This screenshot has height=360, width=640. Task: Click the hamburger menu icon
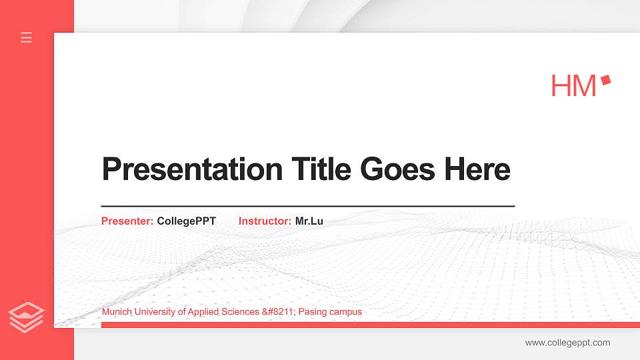pyautogui.click(x=27, y=37)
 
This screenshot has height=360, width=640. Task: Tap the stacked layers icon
pyautogui.click(x=27, y=317)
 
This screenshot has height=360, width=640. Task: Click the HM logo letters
pyautogui.click(x=573, y=86)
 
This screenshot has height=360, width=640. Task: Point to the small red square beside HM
pyautogui.click(x=605, y=80)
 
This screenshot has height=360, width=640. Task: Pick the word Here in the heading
pyautogui.click(x=477, y=169)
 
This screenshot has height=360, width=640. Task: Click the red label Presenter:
pyautogui.click(x=127, y=221)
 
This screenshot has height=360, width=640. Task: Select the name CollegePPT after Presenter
pyautogui.click(x=186, y=221)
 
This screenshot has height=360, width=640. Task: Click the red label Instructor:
pyautogui.click(x=265, y=221)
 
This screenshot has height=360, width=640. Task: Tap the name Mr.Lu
pyautogui.click(x=309, y=221)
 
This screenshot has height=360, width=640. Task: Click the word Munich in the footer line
pyautogui.click(x=115, y=312)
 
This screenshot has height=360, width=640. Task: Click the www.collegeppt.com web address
pyautogui.click(x=567, y=343)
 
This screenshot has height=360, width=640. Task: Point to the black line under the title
pyautogui.click(x=307, y=206)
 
